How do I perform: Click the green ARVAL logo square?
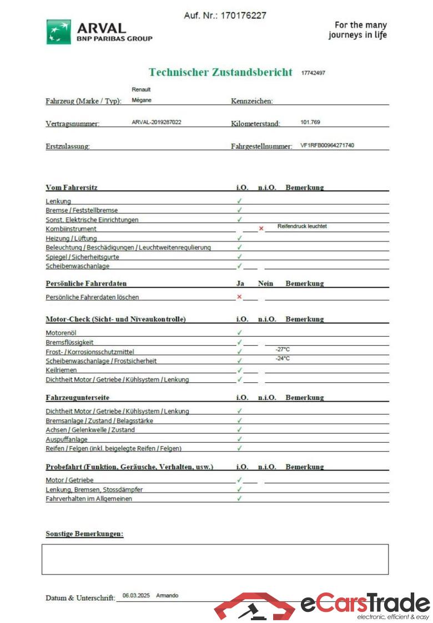pos(58,32)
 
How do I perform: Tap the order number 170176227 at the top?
pos(243,16)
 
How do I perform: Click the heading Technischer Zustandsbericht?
pos(220,72)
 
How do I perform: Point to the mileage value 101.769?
pos(310,122)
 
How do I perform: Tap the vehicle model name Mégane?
pos(142,100)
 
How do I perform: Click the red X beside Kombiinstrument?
pos(261,229)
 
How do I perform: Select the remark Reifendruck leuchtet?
pos(302,226)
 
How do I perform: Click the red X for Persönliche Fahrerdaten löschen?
pos(239,297)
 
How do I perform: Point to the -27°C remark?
pos(283,350)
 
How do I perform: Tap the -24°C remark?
pos(283,358)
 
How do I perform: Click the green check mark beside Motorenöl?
pos(239,332)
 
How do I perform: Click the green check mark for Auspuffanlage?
pos(239,439)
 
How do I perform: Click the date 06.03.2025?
pos(136,595)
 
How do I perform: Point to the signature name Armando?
pos(167,595)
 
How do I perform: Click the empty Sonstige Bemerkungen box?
pos(215,559)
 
